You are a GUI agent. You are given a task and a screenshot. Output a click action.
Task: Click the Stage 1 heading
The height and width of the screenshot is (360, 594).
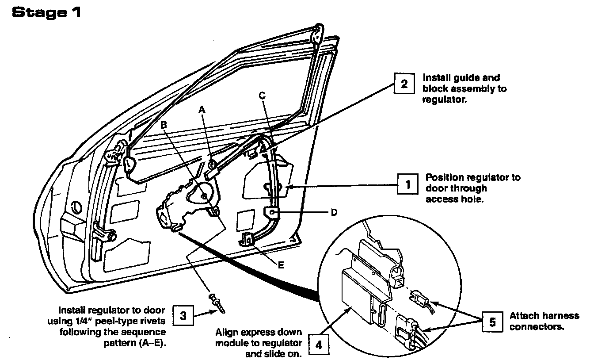(46, 12)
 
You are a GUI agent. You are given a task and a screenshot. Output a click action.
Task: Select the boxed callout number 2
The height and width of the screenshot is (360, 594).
(404, 83)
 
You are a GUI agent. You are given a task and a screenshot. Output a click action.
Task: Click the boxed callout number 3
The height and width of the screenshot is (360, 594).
(183, 316)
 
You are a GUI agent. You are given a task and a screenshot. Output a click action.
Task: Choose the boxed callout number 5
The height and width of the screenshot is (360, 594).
(491, 322)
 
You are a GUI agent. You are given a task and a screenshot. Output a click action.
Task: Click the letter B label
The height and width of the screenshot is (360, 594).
(164, 125)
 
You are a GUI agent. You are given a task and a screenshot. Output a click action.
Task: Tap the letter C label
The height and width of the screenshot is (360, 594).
(263, 95)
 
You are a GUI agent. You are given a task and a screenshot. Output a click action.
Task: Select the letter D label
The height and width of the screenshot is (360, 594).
(334, 213)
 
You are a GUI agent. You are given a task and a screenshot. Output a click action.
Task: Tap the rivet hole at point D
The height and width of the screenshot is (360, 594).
(273, 213)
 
